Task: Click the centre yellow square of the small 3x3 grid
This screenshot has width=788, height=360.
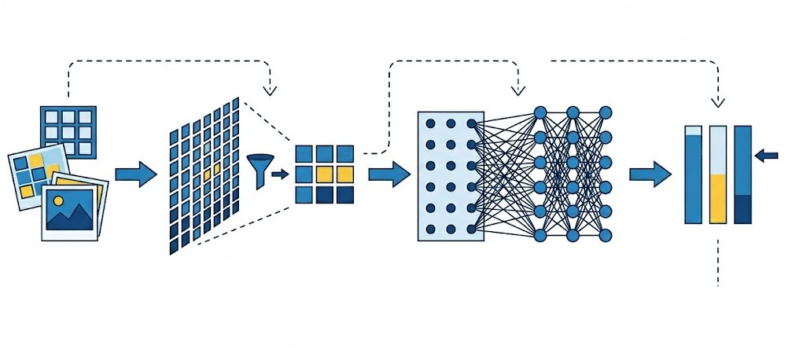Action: tap(324, 174)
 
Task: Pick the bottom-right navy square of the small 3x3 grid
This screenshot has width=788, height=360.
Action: tap(344, 193)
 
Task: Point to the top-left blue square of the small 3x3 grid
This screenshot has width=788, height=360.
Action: tap(304, 154)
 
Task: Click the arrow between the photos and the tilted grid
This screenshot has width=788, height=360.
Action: tap(135, 174)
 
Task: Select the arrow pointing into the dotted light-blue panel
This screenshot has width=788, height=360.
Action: tap(388, 174)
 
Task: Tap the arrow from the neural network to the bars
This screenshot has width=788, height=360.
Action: tap(650, 174)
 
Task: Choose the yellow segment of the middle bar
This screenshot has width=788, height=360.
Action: tap(717, 199)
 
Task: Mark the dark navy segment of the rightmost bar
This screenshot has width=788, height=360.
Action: tap(742, 209)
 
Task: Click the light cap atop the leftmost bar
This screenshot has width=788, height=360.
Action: tap(693, 130)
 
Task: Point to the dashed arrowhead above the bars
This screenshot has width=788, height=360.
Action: tap(717, 101)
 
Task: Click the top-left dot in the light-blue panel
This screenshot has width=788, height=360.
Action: tap(430, 123)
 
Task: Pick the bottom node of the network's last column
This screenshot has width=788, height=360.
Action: tap(605, 235)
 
